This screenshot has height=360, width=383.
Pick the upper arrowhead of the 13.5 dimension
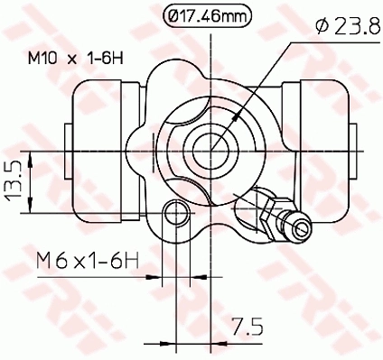31,159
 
